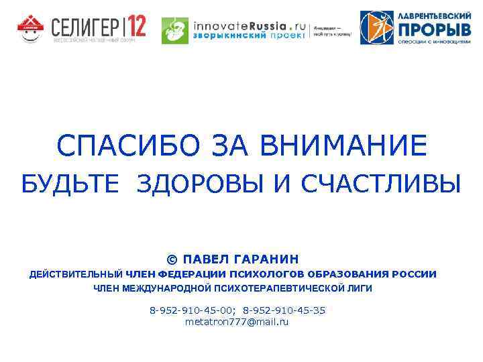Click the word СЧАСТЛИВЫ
pos(381,184)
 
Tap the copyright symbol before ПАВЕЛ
pos(172,259)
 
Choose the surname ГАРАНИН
pos(265,259)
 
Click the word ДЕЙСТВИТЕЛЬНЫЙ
pos(76,274)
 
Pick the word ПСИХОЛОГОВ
pos(266,274)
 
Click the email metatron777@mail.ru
pos(237,322)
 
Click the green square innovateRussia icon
pos(175,31)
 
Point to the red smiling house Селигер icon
pos(30,28)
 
